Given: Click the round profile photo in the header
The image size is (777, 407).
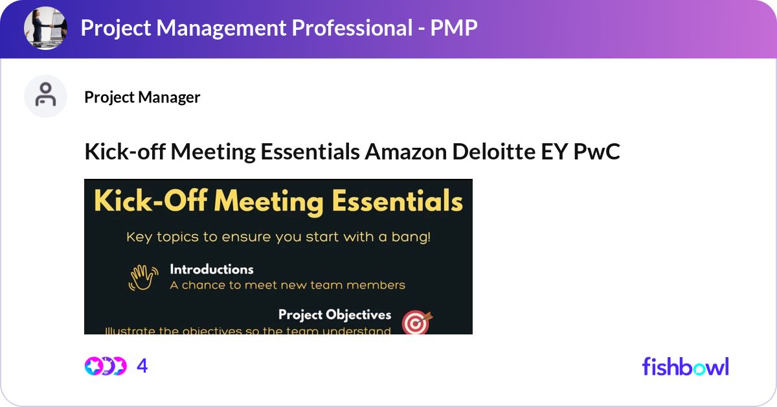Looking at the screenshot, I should (x=46, y=29).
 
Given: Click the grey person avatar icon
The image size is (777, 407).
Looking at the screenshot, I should (x=46, y=96).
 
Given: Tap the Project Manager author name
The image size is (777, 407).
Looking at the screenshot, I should (x=142, y=97).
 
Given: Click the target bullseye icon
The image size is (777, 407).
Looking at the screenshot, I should (x=416, y=323).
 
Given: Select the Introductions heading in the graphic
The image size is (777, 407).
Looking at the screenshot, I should (x=211, y=269).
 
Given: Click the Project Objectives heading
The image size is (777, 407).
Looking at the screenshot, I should (x=334, y=315).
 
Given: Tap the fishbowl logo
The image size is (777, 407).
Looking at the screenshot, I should (x=685, y=366).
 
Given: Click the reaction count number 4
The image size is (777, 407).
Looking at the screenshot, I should (x=142, y=366).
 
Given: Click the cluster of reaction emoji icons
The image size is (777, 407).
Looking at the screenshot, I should (x=105, y=366).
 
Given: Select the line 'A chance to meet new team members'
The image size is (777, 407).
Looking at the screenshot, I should (x=287, y=285).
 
